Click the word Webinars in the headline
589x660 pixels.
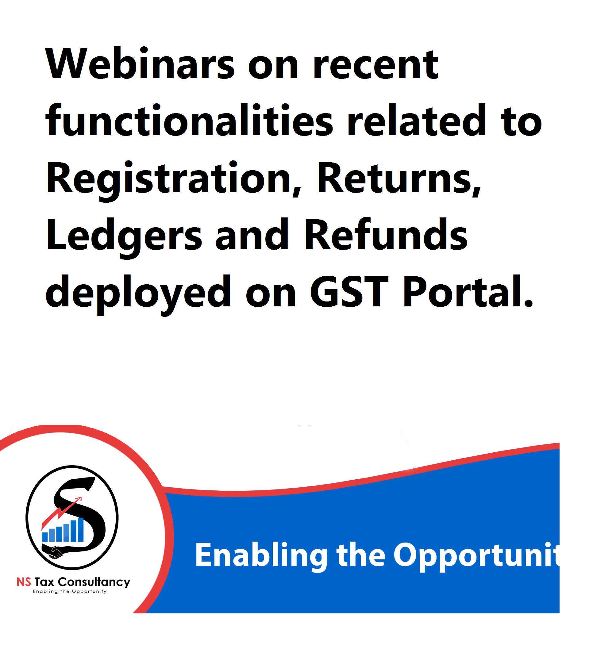pyautogui.click(x=140, y=64)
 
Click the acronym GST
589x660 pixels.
pyautogui.click(x=349, y=291)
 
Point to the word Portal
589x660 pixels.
pyautogui.click(x=468, y=291)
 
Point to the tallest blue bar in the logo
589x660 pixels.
pyautogui.click(x=81, y=530)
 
